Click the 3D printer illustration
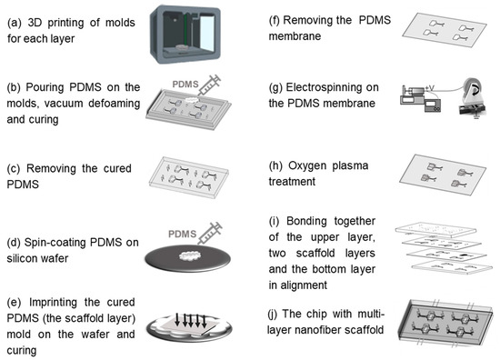pos(185,35)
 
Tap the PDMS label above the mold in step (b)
pos(185,85)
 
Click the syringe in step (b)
pos(208,85)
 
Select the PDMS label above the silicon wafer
pos(182,234)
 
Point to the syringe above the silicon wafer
pos(209,234)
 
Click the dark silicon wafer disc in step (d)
pos(188,258)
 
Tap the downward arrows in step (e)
pos(191,321)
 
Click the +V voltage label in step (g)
pos(429,88)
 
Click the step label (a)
pos(15,23)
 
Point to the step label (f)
pos(275,20)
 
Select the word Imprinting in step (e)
pos(53,303)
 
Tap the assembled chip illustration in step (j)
pos(445,323)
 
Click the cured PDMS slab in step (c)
pos(189,177)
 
